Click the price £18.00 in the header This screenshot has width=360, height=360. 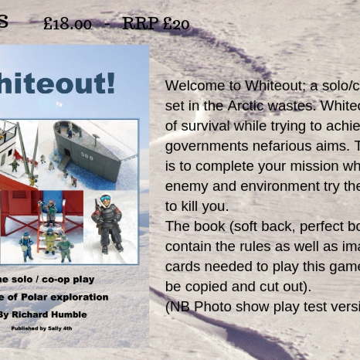(67, 24)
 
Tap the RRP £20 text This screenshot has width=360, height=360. (155, 24)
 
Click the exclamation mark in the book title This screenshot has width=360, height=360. (109, 83)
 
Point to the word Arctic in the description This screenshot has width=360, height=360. (251, 106)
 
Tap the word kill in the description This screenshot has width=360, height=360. (197, 206)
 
